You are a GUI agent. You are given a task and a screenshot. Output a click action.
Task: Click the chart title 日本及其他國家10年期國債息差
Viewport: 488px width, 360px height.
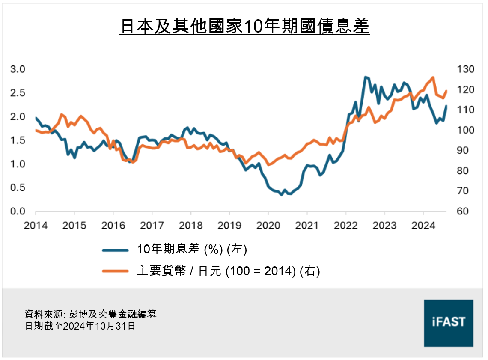pyautogui.click(x=244, y=27)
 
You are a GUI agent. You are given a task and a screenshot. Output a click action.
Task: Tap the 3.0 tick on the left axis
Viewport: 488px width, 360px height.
pyautogui.click(x=18, y=69)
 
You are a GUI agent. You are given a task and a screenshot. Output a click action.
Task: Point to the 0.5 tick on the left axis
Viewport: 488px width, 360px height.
pyautogui.click(x=18, y=188)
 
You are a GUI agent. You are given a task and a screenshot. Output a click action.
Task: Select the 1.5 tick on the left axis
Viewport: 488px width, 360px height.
pyautogui.click(x=18, y=140)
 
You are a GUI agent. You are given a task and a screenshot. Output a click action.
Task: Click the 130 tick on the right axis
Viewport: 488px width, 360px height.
pyautogui.click(x=465, y=69)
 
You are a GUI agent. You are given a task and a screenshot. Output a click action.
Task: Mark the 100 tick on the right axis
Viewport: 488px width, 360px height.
pyautogui.click(x=465, y=130)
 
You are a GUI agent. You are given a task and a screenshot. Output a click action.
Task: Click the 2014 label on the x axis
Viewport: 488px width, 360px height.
pyautogui.click(x=36, y=225)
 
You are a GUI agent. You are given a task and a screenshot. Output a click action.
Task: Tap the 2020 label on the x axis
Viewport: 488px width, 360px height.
pyautogui.click(x=268, y=225)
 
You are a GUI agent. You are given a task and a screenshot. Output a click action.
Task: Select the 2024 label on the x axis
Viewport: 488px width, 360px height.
pyautogui.click(x=423, y=225)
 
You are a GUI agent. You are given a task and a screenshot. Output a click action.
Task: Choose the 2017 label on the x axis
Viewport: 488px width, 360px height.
pyautogui.click(x=152, y=225)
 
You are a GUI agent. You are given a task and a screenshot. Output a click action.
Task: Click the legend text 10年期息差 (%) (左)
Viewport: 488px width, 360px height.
pyautogui.click(x=192, y=250)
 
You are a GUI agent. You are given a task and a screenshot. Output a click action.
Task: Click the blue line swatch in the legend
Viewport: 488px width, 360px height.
pyautogui.click(x=115, y=250)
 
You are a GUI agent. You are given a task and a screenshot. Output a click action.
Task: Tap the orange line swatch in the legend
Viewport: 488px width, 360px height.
pyautogui.click(x=115, y=271)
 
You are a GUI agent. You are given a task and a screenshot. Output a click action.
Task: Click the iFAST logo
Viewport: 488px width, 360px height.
pyautogui.click(x=448, y=323)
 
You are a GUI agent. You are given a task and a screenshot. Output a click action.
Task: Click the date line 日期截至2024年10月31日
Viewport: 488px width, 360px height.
pyautogui.click(x=80, y=326)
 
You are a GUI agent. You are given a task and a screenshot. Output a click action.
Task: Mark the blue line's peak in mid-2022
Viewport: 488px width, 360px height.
pyautogui.click(x=365, y=77)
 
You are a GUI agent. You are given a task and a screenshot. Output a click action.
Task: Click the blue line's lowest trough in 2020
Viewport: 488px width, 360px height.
pyautogui.click(x=281, y=195)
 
